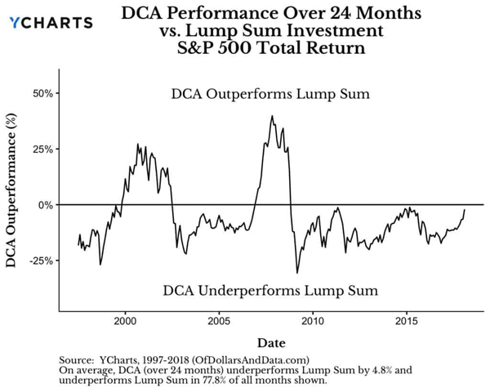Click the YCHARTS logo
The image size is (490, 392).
51,23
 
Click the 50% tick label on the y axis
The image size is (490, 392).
42,93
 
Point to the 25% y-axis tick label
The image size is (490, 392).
42,149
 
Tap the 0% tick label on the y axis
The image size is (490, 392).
45,205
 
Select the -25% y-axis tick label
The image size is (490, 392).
41,261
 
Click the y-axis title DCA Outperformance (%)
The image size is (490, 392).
14,200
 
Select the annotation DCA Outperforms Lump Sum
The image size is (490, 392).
271,94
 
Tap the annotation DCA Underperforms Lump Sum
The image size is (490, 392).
271,290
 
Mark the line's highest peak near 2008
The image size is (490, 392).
272,116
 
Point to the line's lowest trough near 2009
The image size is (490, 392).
297,273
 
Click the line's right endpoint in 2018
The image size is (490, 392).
465,210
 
